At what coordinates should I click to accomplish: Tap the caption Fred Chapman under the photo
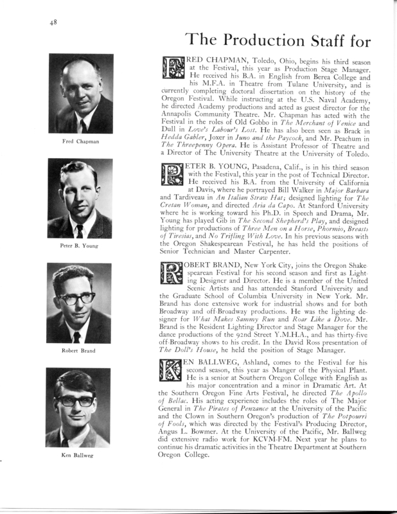click(x=80, y=141)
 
